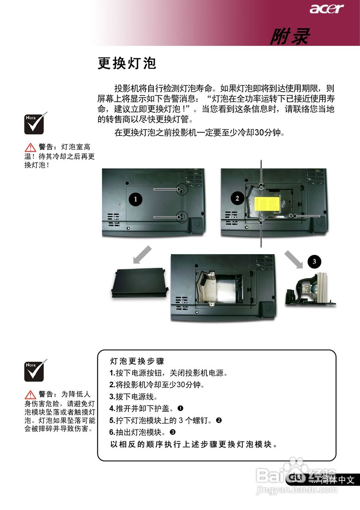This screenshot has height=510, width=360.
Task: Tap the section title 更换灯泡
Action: click(127, 63)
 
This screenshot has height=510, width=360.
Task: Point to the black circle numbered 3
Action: click(314, 261)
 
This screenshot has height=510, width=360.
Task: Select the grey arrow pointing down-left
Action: click(143, 255)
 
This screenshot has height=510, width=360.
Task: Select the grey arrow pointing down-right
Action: click(294, 260)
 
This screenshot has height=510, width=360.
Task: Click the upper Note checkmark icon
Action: click(36, 123)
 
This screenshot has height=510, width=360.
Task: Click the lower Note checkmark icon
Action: click(36, 371)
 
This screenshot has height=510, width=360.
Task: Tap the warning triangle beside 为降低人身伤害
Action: click(30, 395)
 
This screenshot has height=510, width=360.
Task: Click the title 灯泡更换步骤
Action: click(137, 361)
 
